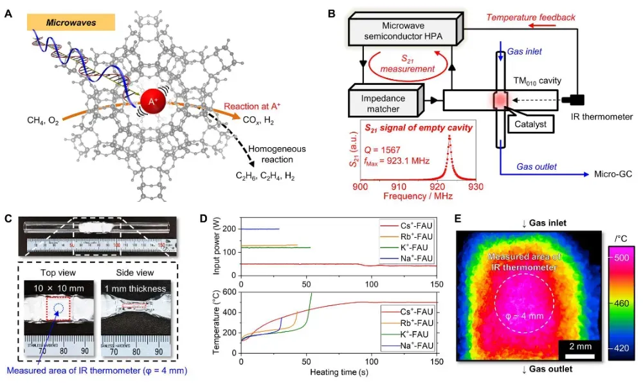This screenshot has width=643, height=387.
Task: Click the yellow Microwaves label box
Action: coord(71,22)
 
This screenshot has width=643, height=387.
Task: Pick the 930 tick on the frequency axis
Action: coord(476,186)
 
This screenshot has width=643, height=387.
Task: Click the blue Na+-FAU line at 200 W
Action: coord(260,229)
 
